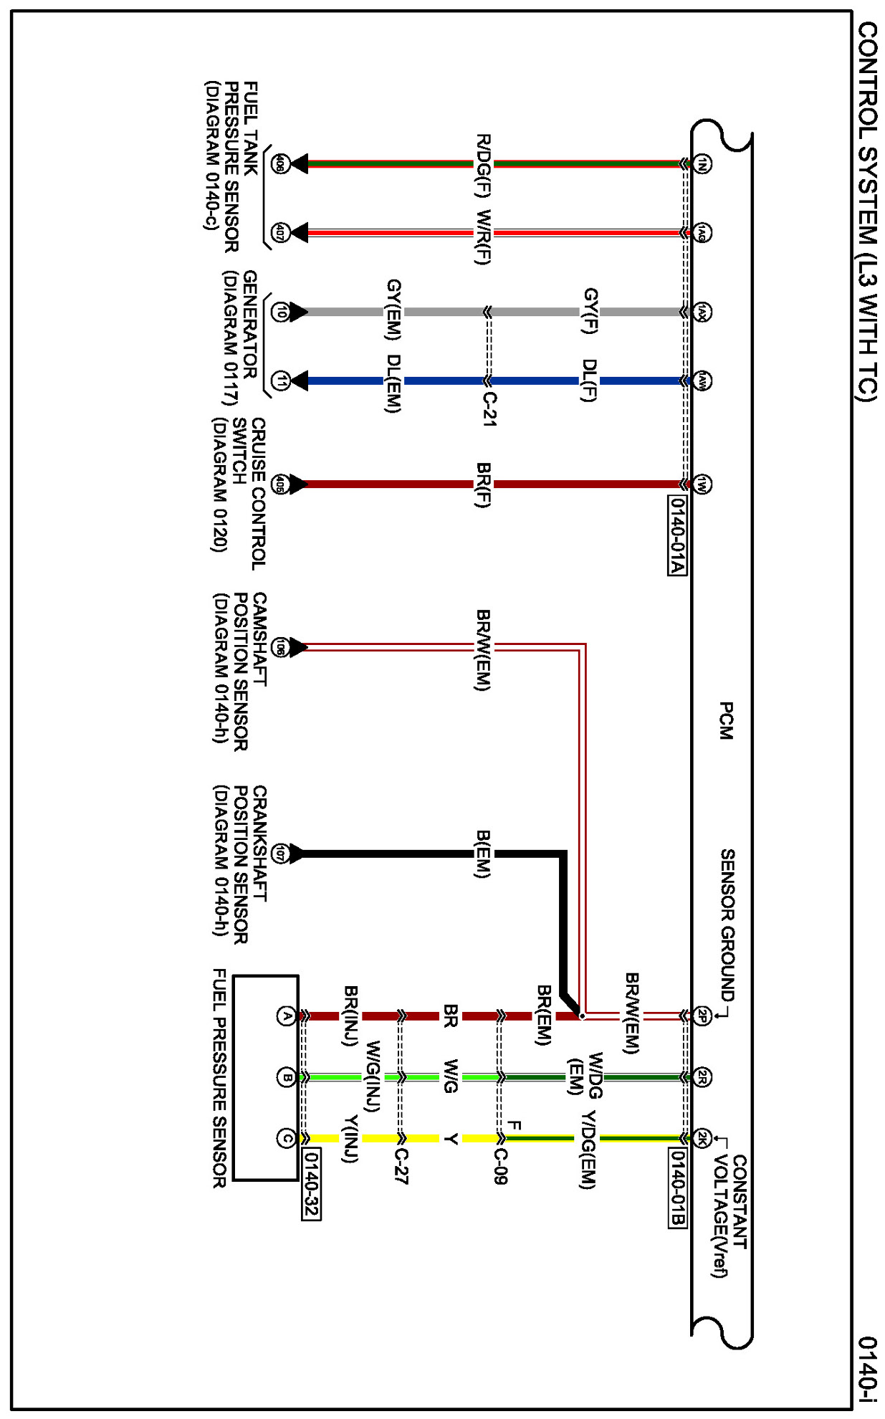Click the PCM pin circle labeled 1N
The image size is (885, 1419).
pyautogui.click(x=702, y=164)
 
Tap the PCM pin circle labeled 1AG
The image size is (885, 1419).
pyautogui.click(x=702, y=233)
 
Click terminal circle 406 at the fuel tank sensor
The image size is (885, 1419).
pyautogui.click(x=279, y=164)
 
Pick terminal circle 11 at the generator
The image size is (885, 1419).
pyautogui.click(x=280, y=381)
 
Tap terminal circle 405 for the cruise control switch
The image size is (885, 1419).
pyautogui.click(x=279, y=484)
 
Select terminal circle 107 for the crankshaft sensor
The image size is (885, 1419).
pyautogui.click(x=280, y=854)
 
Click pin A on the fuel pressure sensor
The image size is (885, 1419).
pyautogui.click(x=286, y=1016)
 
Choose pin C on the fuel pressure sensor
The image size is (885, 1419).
pyautogui.click(x=286, y=1138)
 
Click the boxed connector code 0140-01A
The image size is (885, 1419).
pyautogui.click(x=677, y=535)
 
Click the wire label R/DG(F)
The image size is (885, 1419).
pyautogui.click(x=484, y=166)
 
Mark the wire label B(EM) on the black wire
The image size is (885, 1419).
pyautogui.click(x=484, y=854)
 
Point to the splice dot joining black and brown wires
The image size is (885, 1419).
pyautogui.click(x=582, y=1016)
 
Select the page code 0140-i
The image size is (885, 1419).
pyautogui.click(x=868, y=1370)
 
